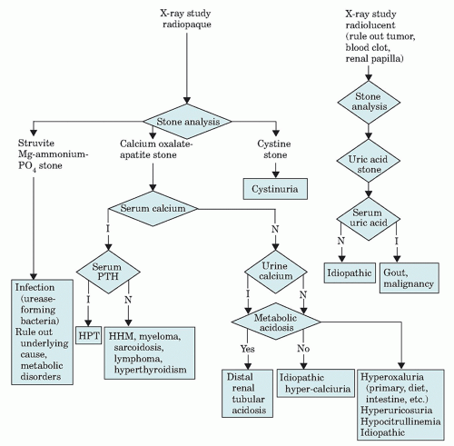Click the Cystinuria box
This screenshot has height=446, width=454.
click(275, 189)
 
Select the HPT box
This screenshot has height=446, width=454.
click(89, 335)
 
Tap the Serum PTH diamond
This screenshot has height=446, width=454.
click(108, 272)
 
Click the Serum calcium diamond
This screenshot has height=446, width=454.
click(153, 209)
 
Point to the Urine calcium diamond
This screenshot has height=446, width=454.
click(276, 272)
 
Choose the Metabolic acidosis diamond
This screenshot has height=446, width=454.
click(276, 322)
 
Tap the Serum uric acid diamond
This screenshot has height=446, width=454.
click(369, 218)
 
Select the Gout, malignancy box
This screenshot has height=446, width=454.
click(410, 278)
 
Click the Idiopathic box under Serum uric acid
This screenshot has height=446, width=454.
click(350, 273)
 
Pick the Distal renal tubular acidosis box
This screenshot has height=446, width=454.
click(247, 393)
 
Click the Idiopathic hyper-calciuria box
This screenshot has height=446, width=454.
click(316, 383)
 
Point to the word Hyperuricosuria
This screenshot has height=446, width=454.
click(396, 411)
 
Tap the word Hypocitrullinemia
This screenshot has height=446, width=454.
click(400, 421)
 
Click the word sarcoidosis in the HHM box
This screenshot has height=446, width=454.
click(139, 347)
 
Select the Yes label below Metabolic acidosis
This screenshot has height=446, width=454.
click(248, 349)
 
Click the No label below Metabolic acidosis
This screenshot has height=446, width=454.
click(303, 349)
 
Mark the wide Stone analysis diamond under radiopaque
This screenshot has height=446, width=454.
click(187, 122)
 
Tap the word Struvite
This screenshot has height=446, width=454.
click(36, 143)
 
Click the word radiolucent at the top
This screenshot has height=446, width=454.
click(370, 25)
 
